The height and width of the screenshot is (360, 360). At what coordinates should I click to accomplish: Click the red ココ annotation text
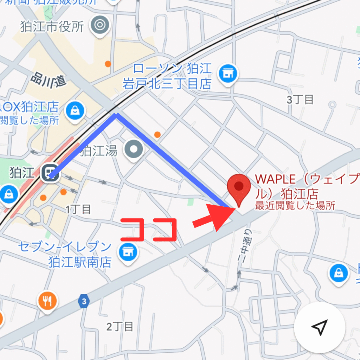coord(148,229)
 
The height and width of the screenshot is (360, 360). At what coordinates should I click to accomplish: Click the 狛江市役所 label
coord(52,27)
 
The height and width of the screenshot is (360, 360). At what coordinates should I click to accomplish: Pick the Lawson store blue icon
coord(227,74)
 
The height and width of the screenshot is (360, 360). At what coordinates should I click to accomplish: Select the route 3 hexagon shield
coord(84,301)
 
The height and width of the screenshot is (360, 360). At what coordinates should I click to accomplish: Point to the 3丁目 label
coord(300,100)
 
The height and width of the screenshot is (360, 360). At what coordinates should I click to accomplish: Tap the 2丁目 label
coord(120,327)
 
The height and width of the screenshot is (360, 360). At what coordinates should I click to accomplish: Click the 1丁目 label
coord(78,210)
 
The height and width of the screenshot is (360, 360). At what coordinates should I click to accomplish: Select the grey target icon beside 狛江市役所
coord(99,25)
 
